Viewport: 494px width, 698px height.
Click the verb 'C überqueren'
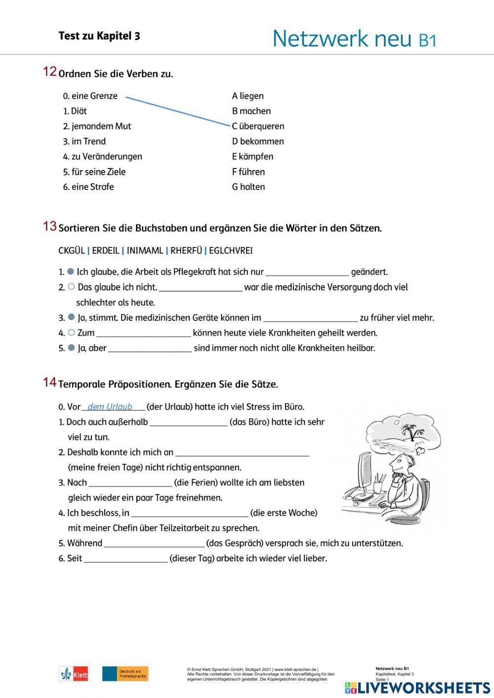point(258,126)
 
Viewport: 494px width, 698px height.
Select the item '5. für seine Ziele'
point(94,172)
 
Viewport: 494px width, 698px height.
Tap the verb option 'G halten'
point(248,187)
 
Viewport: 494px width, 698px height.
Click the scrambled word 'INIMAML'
point(145,251)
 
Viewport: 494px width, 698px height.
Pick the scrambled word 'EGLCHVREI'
point(231,251)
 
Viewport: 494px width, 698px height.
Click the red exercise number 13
point(50,226)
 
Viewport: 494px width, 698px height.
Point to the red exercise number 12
point(50,72)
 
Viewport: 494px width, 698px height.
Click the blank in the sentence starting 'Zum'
point(143,333)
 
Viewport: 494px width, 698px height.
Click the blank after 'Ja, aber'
point(150,349)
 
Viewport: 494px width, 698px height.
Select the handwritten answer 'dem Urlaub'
point(110,407)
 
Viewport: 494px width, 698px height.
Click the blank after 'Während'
point(154,544)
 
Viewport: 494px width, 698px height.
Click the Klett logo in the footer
point(74,674)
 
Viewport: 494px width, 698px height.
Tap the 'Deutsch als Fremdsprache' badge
point(125,674)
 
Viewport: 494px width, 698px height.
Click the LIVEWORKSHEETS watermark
point(417,688)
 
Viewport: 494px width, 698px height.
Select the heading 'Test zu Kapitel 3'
point(99,36)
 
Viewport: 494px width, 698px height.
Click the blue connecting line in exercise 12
point(178,111)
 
